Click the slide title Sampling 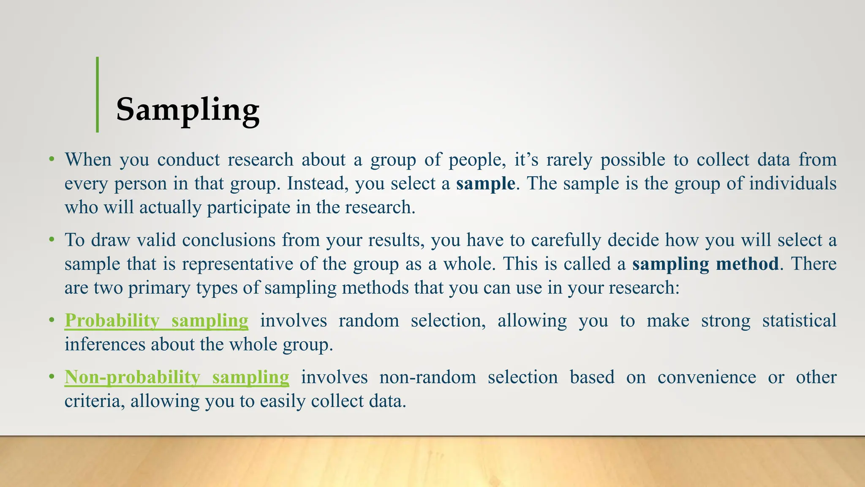click(188, 109)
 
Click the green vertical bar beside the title click(98, 95)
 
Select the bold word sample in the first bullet click(485, 184)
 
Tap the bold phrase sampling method click(705, 264)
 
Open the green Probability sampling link click(156, 320)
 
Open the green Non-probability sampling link click(177, 377)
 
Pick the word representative click(238, 264)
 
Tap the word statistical click(799, 320)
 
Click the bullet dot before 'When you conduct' click(52, 159)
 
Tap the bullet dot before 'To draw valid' click(52, 240)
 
